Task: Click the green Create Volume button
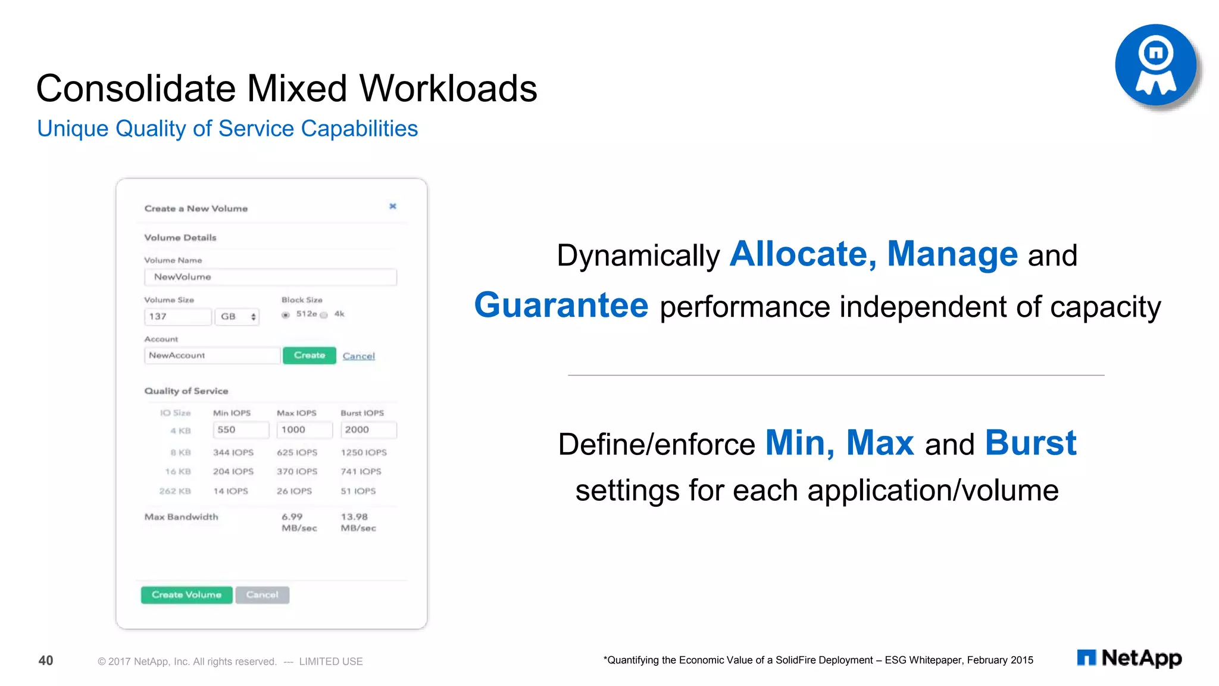tap(186, 595)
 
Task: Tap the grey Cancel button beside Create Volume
tap(262, 595)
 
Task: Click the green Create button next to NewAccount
tap(310, 356)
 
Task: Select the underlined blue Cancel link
tap(358, 356)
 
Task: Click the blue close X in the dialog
tap(393, 206)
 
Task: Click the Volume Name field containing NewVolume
tap(270, 277)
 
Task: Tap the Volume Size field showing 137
tap(177, 317)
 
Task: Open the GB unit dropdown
tap(237, 317)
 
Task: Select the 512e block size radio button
tap(286, 315)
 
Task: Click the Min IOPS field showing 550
tap(240, 430)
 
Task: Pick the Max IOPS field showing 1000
tap(304, 430)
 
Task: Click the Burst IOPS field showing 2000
tap(368, 430)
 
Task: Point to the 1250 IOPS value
tap(363, 453)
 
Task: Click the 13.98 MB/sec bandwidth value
tap(358, 522)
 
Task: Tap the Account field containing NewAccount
tap(211, 356)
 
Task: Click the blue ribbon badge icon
tap(1155, 65)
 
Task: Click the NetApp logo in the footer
tap(1129, 658)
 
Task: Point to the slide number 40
tap(46, 660)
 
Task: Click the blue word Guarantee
tap(561, 305)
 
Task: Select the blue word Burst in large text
tap(1030, 443)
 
